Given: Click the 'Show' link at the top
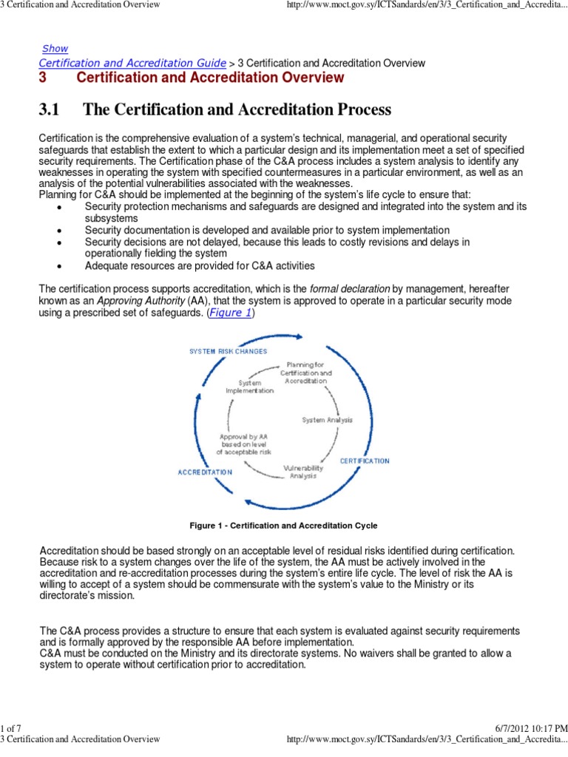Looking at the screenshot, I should pos(55,48).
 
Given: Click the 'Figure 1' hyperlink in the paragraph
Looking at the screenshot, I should pos(229,313).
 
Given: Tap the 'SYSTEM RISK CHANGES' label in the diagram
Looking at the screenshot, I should pos(229,350).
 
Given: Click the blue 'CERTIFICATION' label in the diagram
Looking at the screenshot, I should pos(365,461).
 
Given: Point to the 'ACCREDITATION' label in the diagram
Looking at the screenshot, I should pos(205,472).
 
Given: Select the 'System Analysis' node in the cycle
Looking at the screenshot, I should pos(327,420).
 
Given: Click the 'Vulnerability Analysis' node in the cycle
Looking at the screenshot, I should pos(302,472).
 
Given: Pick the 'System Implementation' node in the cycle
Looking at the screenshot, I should pos(249,386).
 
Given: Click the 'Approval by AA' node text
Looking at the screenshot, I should pos(244,444).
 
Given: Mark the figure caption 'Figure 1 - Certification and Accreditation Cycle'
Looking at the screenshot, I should pos(283,526).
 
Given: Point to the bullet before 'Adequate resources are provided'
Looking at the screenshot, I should pos(58,266).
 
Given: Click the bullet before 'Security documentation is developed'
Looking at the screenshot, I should pos(58,231).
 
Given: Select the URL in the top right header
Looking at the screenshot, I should pos(426,6).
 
